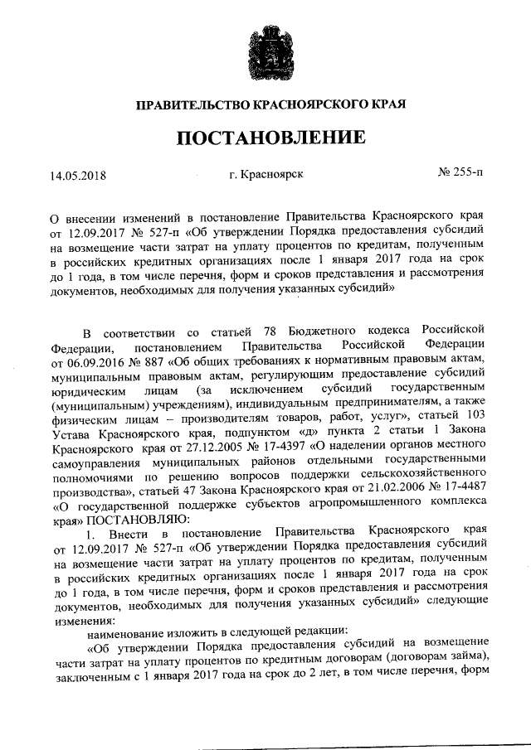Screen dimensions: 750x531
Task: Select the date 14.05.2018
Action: tap(79, 177)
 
